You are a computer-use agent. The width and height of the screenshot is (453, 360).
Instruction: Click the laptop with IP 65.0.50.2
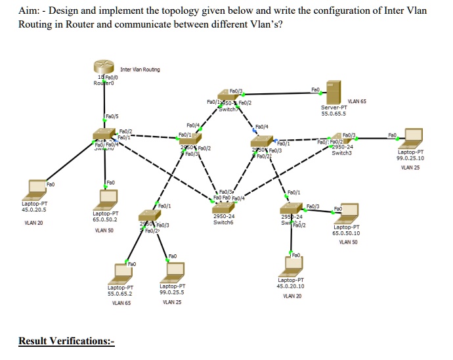coord(106,196)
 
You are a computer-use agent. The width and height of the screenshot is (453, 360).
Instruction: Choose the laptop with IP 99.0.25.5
coord(175,270)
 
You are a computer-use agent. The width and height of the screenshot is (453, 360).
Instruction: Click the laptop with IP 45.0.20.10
coord(293,264)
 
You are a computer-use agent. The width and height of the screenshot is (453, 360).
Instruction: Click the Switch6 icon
coord(224,204)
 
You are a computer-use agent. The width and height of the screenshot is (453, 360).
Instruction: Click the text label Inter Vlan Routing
coord(140,69)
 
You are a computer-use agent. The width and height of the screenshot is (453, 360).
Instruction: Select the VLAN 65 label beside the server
coord(357,101)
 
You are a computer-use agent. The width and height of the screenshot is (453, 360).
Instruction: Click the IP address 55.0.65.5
coord(334,114)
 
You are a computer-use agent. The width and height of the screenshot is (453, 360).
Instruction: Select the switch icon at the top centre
coord(226,104)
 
